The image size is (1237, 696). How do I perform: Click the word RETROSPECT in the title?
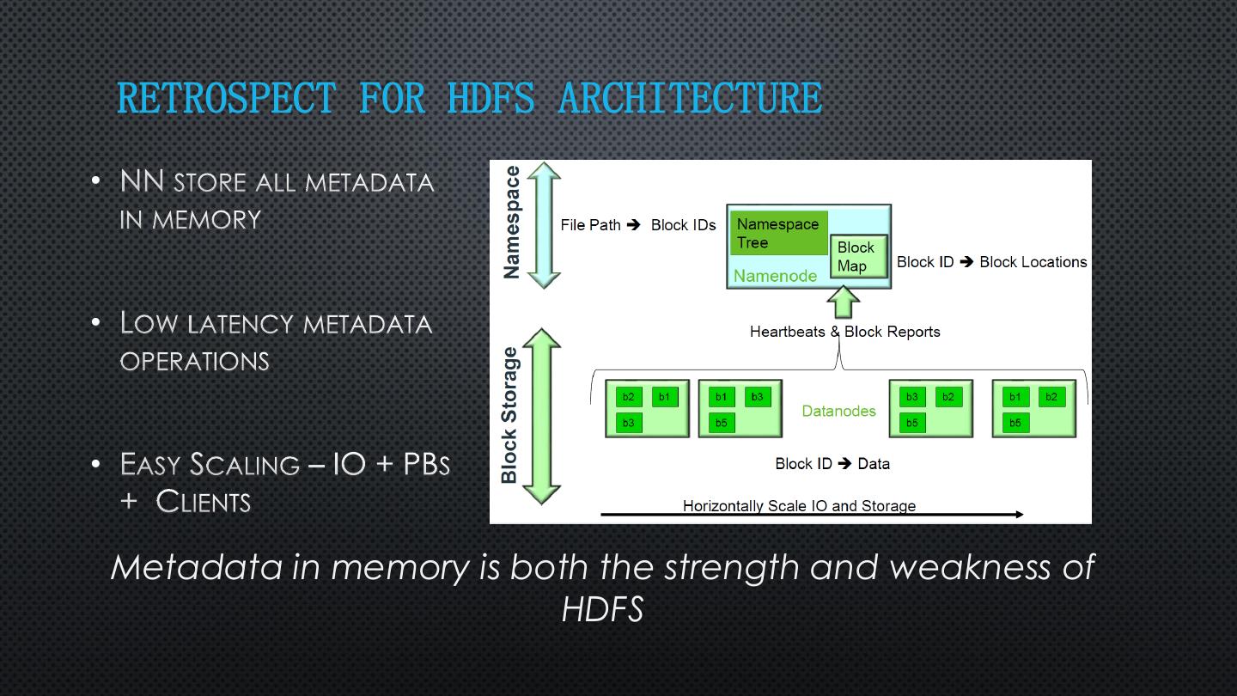pos(226,98)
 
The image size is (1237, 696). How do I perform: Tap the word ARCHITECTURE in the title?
pos(690,98)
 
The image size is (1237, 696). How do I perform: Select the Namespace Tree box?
pos(778,233)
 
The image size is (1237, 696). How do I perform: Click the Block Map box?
pos(858,256)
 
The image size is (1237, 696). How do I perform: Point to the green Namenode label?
pos(775,276)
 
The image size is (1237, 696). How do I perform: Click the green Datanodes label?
pos(838,411)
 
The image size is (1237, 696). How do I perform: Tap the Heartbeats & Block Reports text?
pos(844,332)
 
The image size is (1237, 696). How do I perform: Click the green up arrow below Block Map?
pos(843,302)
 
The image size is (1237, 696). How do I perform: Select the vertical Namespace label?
pos(512,223)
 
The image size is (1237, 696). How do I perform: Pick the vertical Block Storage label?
pos(509,415)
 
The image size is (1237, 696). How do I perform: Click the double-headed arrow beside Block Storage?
pos(542,415)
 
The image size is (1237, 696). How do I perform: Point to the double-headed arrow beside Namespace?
pos(543,225)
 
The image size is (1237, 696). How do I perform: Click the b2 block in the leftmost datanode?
pos(629,397)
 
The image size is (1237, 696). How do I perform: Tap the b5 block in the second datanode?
pos(722,423)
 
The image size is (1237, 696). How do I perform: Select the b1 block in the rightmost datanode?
pos(1015,397)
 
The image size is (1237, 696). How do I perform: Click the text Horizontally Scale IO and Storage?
pos(799,505)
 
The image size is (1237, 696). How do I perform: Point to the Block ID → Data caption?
pos(832,464)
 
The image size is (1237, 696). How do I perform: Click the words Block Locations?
pos(1033,262)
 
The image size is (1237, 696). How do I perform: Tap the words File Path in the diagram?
pos(590,225)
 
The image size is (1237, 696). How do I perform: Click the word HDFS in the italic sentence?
pos(602,609)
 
